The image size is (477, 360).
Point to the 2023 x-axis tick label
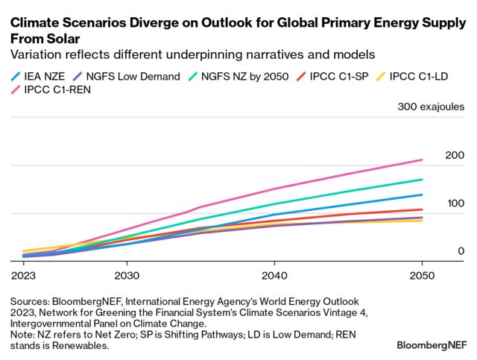point(24,274)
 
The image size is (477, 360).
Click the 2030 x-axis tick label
point(127,274)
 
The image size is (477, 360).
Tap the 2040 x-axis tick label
point(274,274)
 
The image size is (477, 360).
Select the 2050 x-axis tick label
point(422,274)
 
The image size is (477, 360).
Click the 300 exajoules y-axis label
point(431,107)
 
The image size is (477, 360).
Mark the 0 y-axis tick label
point(461,251)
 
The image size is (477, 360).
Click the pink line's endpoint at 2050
point(422,160)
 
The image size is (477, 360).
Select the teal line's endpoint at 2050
point(422,180)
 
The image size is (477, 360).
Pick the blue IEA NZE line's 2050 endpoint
point(422,195)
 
